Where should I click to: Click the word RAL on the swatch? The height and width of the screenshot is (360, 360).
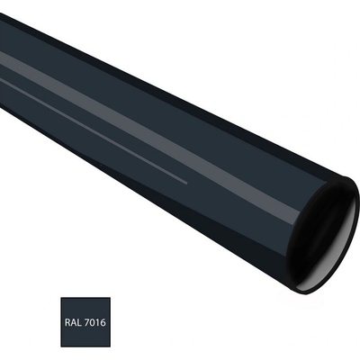(73, 323)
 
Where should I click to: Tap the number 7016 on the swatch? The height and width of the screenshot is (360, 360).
(94, 323)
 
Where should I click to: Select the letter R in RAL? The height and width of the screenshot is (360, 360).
(67, 323)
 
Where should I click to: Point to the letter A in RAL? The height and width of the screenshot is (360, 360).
(73, 323)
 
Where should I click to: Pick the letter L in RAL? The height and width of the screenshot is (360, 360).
(78, 323)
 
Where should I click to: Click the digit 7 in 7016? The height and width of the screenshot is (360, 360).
(86, 323)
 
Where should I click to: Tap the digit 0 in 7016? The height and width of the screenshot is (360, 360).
(92, 323)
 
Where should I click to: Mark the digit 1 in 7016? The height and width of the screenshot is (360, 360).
(97, 323)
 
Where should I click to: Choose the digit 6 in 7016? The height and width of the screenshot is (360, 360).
(103, 323)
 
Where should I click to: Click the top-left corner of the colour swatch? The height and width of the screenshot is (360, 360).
(61, 298)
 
